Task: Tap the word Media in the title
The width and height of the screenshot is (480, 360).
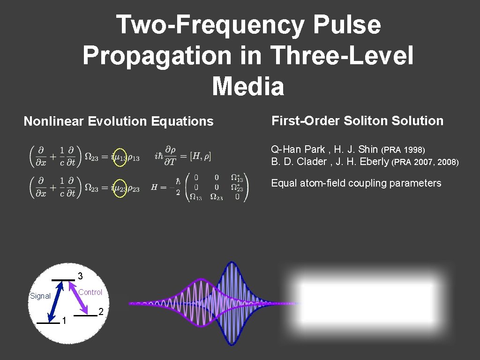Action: click(248, 87)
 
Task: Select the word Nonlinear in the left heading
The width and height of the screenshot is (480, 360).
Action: click(54, 121)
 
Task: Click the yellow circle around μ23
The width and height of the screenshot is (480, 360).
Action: click(120, 188)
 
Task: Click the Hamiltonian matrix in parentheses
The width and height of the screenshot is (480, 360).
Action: click(217, 187)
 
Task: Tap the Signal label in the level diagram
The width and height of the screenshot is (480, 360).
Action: click(40, 296)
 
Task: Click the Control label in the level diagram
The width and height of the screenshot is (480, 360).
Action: click(90, 292)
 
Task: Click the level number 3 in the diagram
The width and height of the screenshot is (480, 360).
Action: click(80, 275)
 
